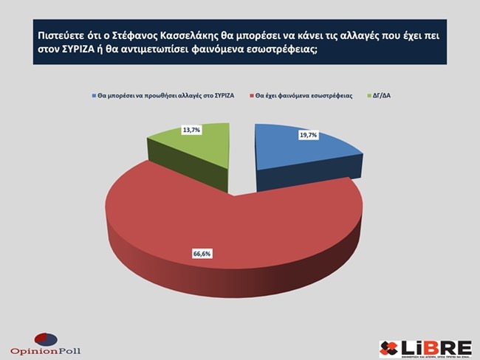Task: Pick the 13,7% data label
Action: click(x=191, y=130)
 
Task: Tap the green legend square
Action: click(x=369, y=96)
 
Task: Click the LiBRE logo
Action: click(x=424, y=346)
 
